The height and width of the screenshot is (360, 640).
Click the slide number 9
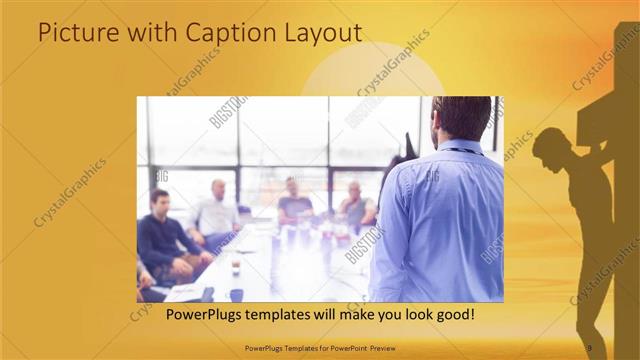[589, 347]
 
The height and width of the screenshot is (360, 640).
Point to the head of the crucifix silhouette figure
[549, 146]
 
